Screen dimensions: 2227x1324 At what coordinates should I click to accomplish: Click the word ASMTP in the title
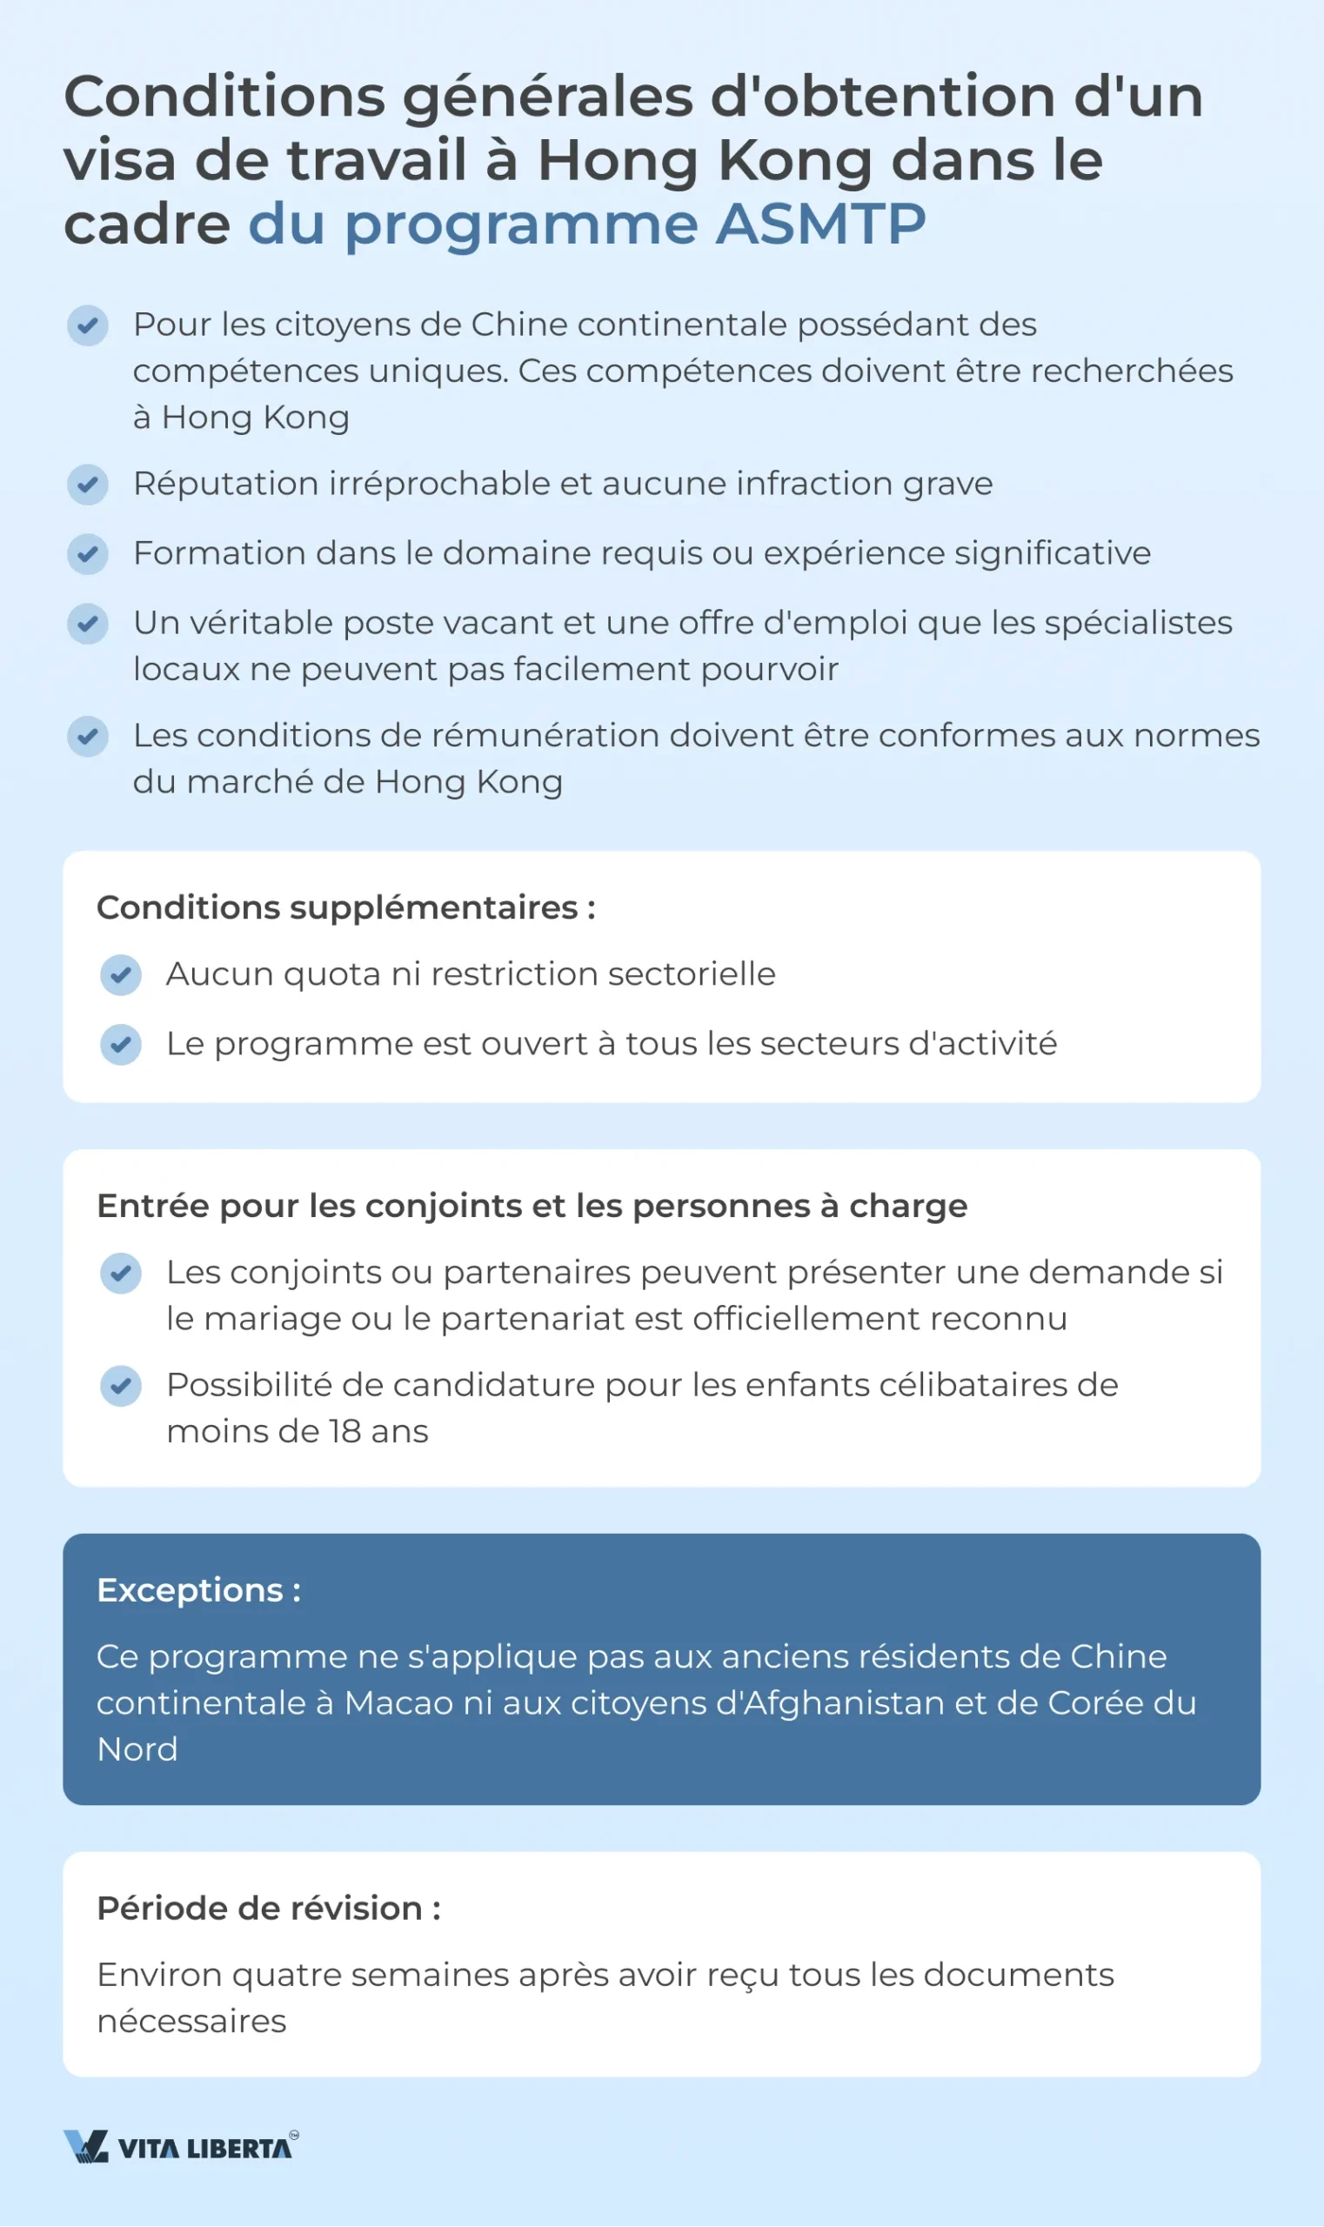(x=820, y=224)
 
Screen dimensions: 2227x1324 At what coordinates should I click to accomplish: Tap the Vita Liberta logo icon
(x=85, y=2146)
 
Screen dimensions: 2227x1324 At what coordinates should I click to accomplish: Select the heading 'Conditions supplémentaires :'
(x=346, y=907)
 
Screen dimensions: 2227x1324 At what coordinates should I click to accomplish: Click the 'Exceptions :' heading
(x=198, y=1590)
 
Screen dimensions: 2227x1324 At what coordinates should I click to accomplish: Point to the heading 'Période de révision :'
(x=269, y=1909)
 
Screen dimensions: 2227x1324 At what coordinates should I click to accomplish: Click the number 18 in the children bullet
(x=344, y=1432)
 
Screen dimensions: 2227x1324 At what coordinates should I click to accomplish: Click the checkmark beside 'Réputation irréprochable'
(x=88, y=485)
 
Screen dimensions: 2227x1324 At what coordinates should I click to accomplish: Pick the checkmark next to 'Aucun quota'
(x=120, y=974)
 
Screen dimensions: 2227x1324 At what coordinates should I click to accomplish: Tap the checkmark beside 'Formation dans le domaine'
(x=88, y=554)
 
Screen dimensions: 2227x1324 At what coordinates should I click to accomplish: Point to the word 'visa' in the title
(x=118, y=162)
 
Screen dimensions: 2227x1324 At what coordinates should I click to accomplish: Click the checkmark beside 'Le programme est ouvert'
(x=120, y=1044)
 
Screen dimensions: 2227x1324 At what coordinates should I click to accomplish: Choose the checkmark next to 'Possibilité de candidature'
(x=120, y=1386)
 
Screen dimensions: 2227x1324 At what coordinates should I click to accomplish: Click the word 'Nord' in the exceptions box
(x=137, y=1749)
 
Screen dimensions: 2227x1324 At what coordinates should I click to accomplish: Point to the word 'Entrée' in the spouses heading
(x=152, y=1207)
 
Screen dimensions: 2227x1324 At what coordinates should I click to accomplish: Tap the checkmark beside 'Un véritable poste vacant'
(x=88, y=624)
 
